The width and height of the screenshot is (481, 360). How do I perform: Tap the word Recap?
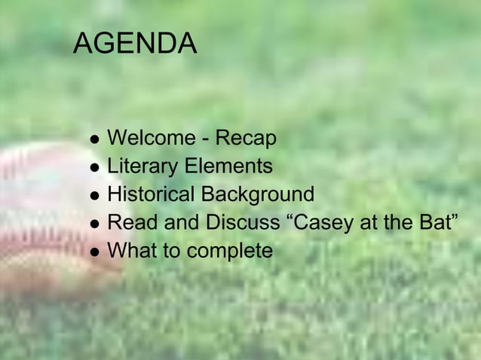[x=247, y=139]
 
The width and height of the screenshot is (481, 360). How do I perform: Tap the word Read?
[x=132, y=222]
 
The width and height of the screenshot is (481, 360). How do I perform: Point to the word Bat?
[x=434, y=222]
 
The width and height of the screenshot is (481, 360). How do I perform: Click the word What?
[x=133, y=250]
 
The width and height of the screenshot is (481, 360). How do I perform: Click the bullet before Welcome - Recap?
[x=93, y=141]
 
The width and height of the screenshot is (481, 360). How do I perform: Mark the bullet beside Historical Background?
[x=93, y=197]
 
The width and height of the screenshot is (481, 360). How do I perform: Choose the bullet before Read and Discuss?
[x=93, y=224]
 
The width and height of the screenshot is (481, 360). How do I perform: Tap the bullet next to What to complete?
[x=93, y=252]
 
